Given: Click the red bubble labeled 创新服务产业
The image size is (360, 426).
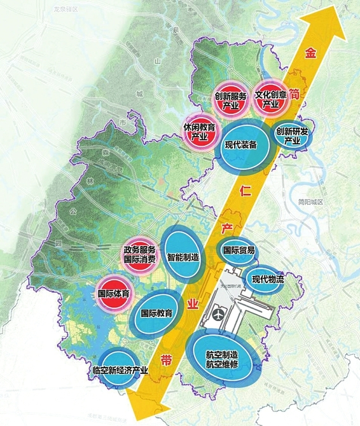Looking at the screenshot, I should point(230,100).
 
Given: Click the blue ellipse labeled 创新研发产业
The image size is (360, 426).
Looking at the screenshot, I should point(292,135).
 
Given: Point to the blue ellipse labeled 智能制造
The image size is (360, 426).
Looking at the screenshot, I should point(183,258).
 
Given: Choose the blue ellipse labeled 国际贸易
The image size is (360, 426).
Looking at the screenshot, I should point(239,251).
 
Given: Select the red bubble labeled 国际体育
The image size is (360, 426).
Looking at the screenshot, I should point(114,294).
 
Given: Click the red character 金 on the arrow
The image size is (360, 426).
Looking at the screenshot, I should point(310,53).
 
